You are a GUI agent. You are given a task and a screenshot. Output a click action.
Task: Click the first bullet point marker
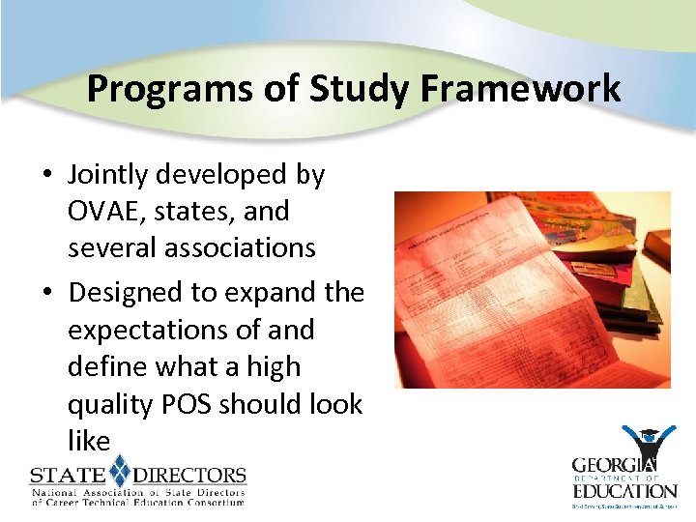[x=46, y=175]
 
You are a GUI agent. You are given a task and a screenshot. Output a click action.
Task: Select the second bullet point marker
[x=46, y=293]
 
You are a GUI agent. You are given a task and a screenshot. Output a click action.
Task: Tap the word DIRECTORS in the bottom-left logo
[x=188, y=476]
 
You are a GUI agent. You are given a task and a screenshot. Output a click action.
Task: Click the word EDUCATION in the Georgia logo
[x=624, y=491]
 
